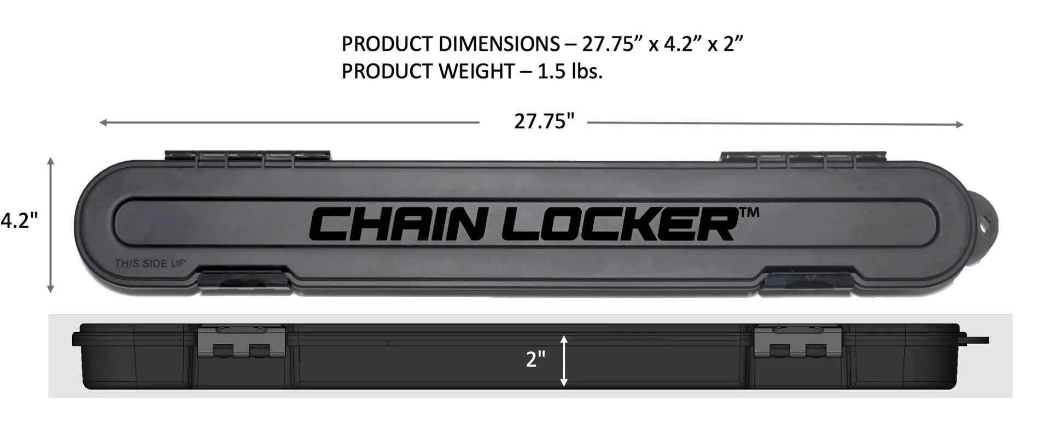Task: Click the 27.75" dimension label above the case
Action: (x=544, y=121)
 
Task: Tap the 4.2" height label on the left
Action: (x=19, y=221)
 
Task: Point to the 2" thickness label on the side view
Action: (x=535, y=360)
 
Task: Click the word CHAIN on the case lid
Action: (x=392, y=225)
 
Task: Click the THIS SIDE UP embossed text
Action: (x=150, y=264)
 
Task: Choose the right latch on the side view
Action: (x=798, y=343)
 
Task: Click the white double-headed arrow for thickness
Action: (x=564, y=361)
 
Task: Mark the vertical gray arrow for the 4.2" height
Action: (x=51, y=225)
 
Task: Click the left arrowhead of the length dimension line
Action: (x=102, y=123)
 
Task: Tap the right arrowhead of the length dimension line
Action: (x=960, y=125)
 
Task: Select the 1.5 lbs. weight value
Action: (x=570, y=72)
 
